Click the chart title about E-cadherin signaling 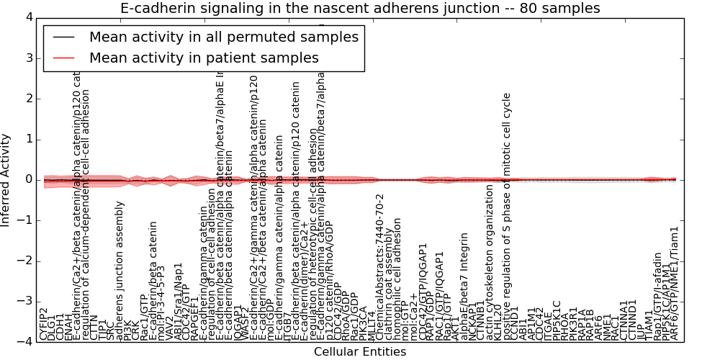point(360,8)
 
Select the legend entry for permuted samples point(223,37)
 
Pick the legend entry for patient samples point(204,58)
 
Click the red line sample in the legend point(66,58)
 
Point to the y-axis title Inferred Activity point(6,180)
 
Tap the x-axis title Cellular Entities point(360,352)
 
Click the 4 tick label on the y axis point(28,17)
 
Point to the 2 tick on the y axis point(28,99)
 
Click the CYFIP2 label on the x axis point(44,323)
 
